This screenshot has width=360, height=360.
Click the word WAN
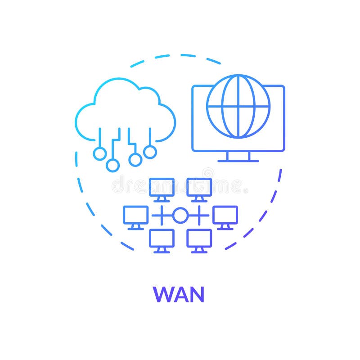tap(179, 294)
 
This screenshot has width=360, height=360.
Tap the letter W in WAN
tap(163, 294)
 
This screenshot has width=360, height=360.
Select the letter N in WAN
tap(197, 294)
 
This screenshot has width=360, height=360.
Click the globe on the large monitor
tap(238, 106)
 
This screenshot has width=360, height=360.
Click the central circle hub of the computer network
tap(180, 216)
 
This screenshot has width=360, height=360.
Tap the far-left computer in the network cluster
tap(135, 215)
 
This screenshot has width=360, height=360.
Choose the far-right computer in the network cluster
tap(225, 215)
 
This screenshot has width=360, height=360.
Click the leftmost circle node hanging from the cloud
tap(100, 153)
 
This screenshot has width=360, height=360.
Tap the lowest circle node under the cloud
tap(112, 165)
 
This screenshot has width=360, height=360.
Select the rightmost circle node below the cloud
tap(150, 152)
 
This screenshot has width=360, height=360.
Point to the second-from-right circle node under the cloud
tap(135, 159)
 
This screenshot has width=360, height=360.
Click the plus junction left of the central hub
tap(161, 216)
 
